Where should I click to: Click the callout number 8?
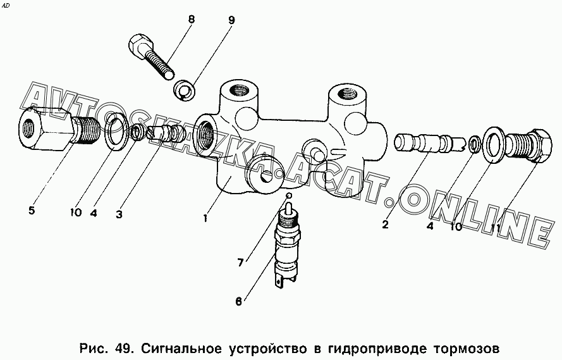click(191, 20)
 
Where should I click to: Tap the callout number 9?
click(231, 20)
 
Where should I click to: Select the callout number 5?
click(32, 211)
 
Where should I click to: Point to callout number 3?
click(119, 214)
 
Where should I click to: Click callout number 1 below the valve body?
click(205, 218)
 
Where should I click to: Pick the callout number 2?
click(385, 225)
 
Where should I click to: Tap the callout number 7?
click(240, 263)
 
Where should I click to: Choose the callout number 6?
click(239, 302)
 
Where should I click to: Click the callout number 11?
click(497, 227)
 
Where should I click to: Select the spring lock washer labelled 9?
click(184, 90)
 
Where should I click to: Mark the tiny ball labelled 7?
click(290, 196)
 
